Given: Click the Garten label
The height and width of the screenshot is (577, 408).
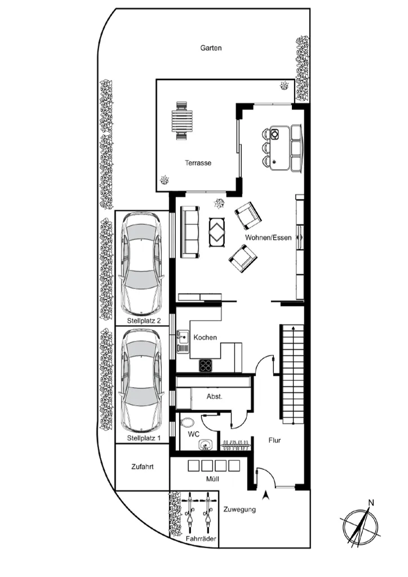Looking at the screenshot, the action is tap(211, 48).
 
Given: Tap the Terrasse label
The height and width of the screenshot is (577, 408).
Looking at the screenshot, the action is tap(198, 163).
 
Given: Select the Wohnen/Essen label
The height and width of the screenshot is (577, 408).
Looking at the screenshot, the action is tap(268, 238).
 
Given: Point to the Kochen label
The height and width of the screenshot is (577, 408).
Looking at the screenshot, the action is tap(205, 337).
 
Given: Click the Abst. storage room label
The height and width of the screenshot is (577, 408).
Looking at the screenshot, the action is tap(215, 397).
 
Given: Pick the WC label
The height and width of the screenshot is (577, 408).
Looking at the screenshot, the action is tap(193, 434).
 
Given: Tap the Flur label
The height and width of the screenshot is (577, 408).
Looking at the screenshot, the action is tap(274, 440).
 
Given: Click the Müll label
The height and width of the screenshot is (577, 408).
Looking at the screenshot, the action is tap(212, 479).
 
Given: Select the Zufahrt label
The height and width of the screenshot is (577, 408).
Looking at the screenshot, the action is tap(143, 467).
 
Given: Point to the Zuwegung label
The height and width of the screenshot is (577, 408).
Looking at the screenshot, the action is tap(240, 509).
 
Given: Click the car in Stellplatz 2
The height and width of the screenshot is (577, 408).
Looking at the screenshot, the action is tap(142, 263).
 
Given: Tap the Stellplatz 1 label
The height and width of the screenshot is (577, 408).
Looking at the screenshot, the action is tap(144, 438).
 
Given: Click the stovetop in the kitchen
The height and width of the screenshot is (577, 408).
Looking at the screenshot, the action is tap(206, 365).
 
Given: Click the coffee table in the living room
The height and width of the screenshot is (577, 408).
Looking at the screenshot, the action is tap(218, 233).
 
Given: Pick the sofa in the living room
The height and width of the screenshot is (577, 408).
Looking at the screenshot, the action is tap(190, 232).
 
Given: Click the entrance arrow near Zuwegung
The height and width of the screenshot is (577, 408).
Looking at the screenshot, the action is tap(265, 496).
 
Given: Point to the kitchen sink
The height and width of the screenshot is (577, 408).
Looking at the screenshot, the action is tap(183, 341).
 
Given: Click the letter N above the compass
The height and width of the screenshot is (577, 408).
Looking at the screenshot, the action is tap(371, 503).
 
